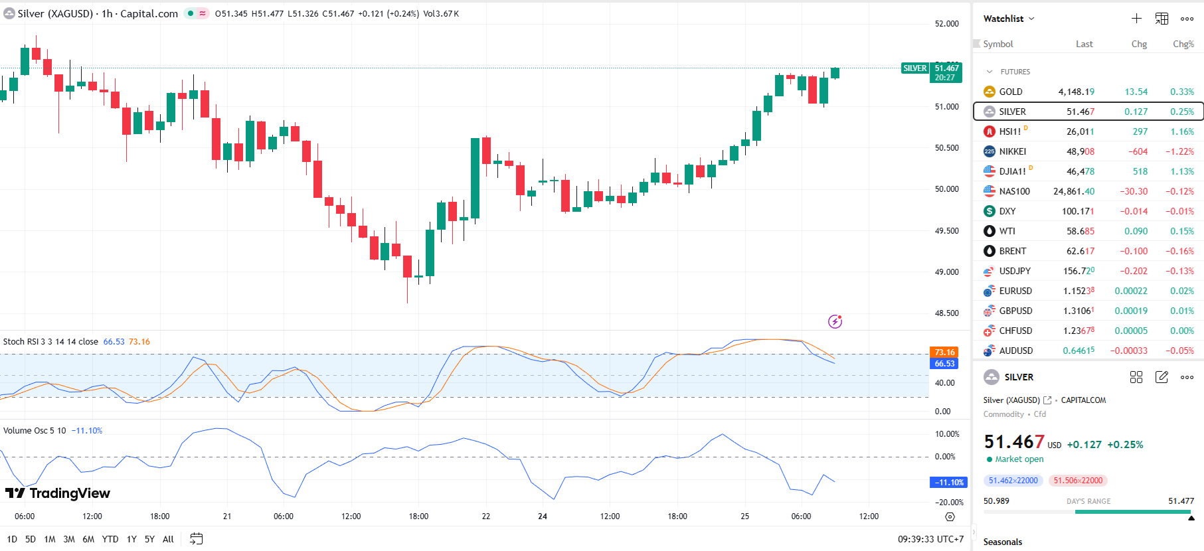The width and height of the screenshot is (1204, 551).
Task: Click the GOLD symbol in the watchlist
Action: [x=1010, y=92]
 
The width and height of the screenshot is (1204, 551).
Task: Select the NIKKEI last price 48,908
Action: [x=1080, y=151]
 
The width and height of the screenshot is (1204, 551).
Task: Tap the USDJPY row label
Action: [x=1015, y=271]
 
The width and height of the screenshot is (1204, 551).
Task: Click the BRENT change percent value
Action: [x=1179, y=251]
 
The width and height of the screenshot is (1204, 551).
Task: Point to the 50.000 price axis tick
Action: [x=946, y=189]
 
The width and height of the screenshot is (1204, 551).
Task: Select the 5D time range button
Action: [x=31, y=539]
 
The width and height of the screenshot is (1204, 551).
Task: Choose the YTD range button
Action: [x=110, y=539]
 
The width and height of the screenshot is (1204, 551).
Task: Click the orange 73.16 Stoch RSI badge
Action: [x=944, y=353]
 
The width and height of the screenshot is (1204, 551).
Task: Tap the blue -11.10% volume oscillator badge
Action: [x=948, y=483]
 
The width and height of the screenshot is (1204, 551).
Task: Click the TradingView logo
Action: [x=58, y=493]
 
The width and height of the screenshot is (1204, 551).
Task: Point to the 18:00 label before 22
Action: [x=418, y=516]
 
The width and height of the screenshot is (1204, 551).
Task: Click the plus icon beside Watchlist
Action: [x=1136, y=19]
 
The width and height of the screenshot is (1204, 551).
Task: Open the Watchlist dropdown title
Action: [x=1008, y=19]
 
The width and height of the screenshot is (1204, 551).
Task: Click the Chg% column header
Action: [x=1183, y=44]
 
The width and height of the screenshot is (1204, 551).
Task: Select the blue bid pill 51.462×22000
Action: [x=1013, y=481]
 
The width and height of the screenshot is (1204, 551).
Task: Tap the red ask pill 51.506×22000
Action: [x=1078, y=481]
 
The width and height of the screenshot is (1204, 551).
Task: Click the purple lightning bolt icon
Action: [x=835, y=321]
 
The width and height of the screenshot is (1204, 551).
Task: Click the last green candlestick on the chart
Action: [x=835, y=73]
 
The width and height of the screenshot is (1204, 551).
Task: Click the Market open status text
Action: [x=1019, y=459]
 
